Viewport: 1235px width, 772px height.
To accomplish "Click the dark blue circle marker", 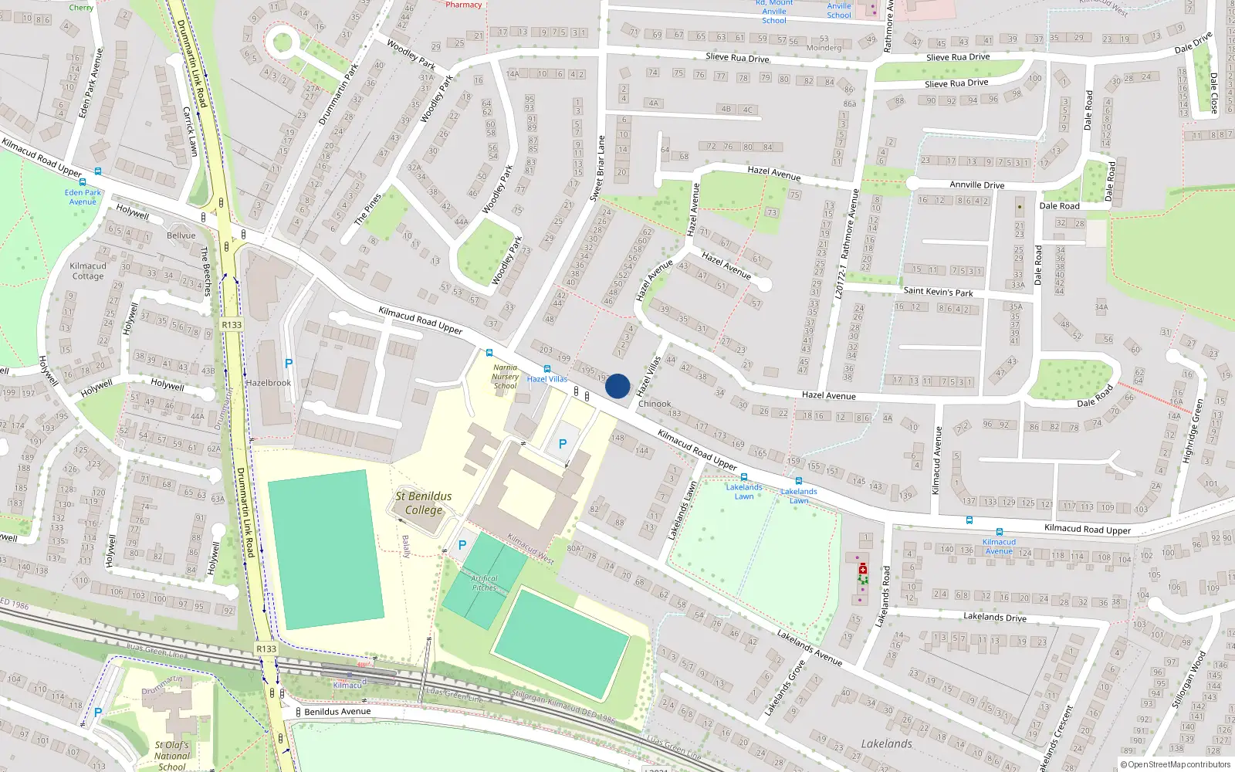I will (617, 386).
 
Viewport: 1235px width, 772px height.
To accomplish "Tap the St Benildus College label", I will (424, 503).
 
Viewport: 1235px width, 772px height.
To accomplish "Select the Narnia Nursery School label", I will (506, 377).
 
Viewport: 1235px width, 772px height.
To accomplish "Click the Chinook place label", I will (655, 404).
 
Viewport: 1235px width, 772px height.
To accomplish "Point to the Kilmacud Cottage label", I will (88, 271).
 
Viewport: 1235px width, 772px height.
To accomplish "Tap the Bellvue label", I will (181, 235).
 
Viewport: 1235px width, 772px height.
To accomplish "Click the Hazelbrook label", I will (269, 383).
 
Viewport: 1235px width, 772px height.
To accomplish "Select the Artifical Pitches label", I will (484, 583).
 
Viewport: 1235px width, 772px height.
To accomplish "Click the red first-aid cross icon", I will (863, 569).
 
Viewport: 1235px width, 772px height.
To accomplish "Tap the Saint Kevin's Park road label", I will (938, 292).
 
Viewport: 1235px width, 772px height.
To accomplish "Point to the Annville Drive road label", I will (976, 185).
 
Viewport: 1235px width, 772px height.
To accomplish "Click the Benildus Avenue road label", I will (337, 712).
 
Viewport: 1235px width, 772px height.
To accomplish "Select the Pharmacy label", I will (464, 5).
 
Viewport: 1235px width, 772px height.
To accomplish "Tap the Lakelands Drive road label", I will (995, 617).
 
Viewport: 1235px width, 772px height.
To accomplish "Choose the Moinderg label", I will (824, 48).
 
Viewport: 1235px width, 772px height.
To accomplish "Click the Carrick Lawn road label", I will (190, 131).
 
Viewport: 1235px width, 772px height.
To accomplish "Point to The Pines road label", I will (368, 209).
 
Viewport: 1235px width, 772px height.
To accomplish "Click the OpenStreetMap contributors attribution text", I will (1176, 764).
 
